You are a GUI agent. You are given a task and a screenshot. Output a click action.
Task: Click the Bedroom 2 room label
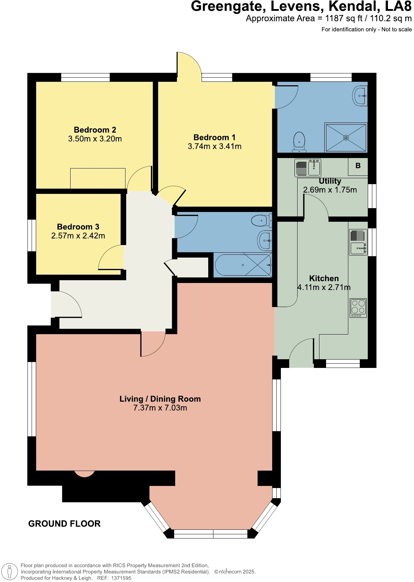coord(95,130)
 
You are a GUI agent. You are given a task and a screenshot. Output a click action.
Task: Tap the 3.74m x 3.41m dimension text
coord(214,147)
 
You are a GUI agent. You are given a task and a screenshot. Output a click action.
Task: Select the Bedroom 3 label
coord(78,227)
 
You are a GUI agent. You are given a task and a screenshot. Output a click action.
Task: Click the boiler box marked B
coord(358,166)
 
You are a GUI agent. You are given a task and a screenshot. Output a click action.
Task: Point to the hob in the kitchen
coord(358,308)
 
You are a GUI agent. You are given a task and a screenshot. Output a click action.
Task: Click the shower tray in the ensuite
coord(346,137)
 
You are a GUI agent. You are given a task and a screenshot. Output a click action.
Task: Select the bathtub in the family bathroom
coord(243,265)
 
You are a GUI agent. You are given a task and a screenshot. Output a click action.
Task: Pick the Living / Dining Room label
coord(160,399)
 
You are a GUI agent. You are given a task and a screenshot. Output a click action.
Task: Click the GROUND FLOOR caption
coord(64,524)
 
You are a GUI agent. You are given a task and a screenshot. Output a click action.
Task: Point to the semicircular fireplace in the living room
coord(84,474)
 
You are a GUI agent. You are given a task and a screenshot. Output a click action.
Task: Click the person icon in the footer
coord(10,572)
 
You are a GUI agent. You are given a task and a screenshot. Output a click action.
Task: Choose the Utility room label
coord(330,181)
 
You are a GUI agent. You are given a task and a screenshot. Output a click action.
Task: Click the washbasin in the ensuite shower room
coord(360,95)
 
